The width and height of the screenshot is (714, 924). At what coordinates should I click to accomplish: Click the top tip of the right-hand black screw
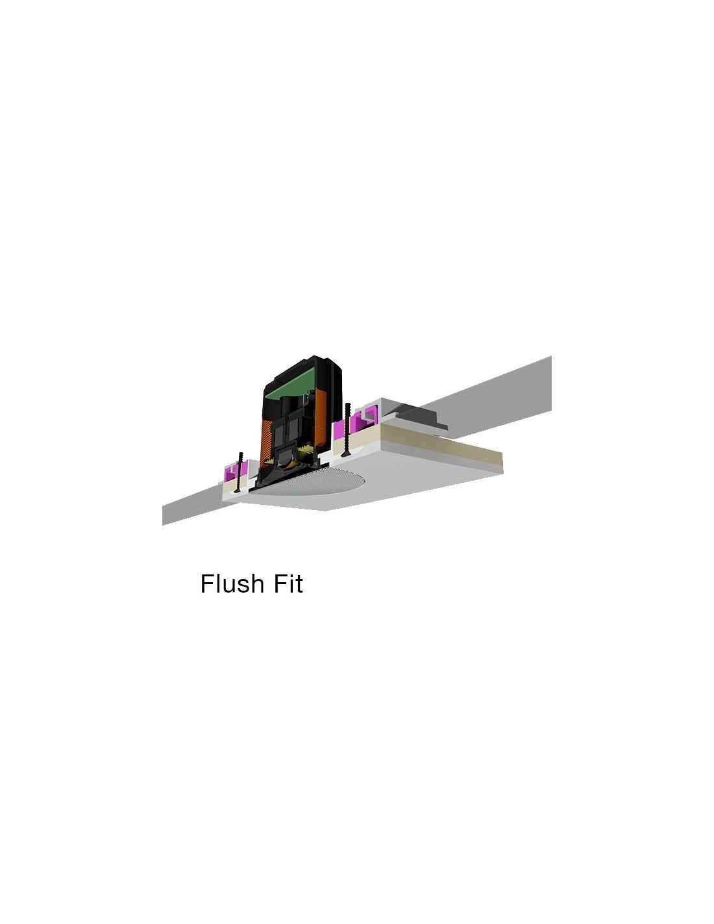pos(348,404)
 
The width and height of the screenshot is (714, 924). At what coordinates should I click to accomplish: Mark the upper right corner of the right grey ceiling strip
pos(551,356)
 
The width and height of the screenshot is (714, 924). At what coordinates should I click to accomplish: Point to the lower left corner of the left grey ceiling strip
pos(163,525)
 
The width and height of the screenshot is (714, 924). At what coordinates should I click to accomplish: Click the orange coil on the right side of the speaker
pos(322,420)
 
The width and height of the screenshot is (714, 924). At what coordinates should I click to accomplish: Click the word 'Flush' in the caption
pos(232,583)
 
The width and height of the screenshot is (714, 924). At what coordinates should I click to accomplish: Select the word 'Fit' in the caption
pos(288,583)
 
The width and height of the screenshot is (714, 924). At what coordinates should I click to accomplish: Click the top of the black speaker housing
pos(314,358)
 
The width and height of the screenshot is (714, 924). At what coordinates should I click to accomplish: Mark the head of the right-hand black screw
pos(346,455)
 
